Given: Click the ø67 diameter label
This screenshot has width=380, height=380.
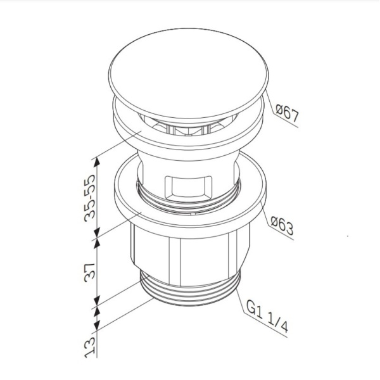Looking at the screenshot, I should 286,114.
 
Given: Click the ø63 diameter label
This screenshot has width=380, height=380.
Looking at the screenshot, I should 282,226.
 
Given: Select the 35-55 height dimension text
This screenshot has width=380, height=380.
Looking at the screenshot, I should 92,196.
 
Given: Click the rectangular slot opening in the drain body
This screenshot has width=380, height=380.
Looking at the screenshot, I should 187,188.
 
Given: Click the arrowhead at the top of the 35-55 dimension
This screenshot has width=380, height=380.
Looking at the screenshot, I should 97,160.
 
